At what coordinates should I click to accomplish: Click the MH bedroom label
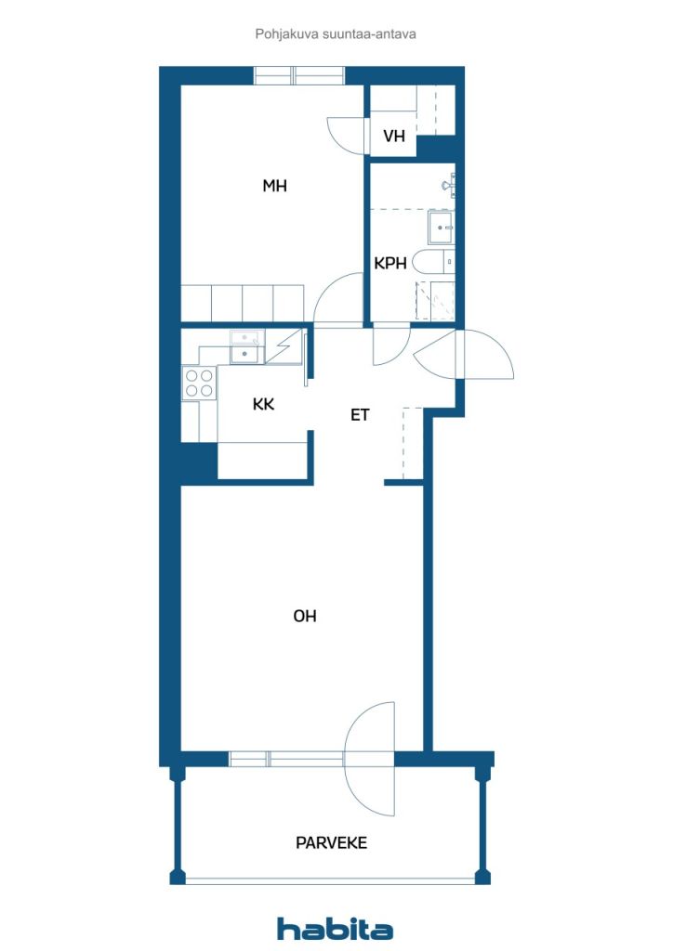(274, 186)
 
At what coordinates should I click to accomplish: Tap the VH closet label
(394, 136)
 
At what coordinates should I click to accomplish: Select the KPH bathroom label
(390, 263)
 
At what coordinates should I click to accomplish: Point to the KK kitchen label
(263, 404)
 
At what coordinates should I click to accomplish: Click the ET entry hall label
(360, 415)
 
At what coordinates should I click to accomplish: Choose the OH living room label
(305, 617)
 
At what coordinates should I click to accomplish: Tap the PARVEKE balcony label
(331, 842)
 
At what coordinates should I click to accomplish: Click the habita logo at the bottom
(335, 928)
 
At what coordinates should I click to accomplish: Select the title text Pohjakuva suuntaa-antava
(336, 34)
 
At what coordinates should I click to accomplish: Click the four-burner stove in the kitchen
(199, 384)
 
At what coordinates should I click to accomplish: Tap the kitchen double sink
(247, 347)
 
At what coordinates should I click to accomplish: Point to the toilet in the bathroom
(433, 262)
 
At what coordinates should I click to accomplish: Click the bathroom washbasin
(442, 227)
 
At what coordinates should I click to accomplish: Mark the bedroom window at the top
(298, 76)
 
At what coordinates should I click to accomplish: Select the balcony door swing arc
(370, 759)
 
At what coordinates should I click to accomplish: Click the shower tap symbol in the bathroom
(450, 184)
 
